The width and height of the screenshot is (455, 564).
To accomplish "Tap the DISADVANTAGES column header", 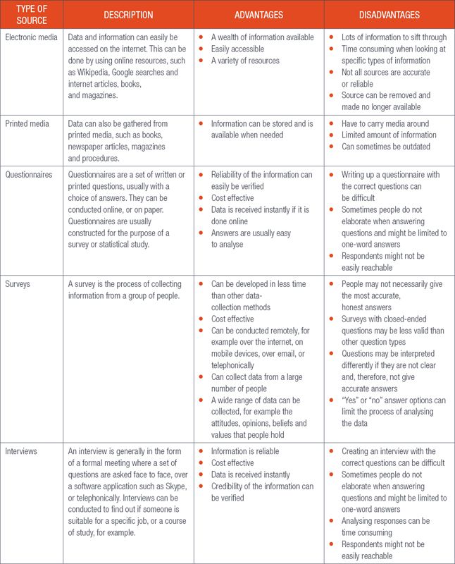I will click(389, 14).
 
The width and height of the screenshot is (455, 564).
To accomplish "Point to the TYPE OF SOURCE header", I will click(32, 15).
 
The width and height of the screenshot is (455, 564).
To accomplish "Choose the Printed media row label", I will click(29, 123).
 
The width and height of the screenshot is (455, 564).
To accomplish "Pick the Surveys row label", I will click(20, 285).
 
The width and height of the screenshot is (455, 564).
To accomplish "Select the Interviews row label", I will click(24, 451).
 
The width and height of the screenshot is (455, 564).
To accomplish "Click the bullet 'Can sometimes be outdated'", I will click(385, 147).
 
